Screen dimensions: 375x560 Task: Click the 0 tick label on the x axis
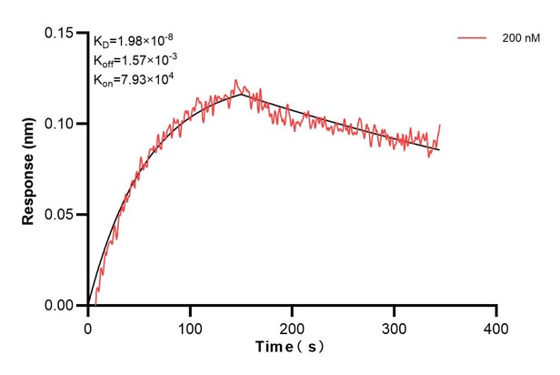87,325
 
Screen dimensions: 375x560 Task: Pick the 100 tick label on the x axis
189,325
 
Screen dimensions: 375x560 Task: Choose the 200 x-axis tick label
292,325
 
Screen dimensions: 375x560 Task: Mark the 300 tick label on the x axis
394,325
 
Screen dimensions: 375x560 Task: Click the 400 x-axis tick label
495,325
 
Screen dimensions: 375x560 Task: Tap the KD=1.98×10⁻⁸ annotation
132,40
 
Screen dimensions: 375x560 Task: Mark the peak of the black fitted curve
242,93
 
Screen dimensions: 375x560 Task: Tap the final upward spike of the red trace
440,126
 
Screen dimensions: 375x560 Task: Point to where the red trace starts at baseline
95,304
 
